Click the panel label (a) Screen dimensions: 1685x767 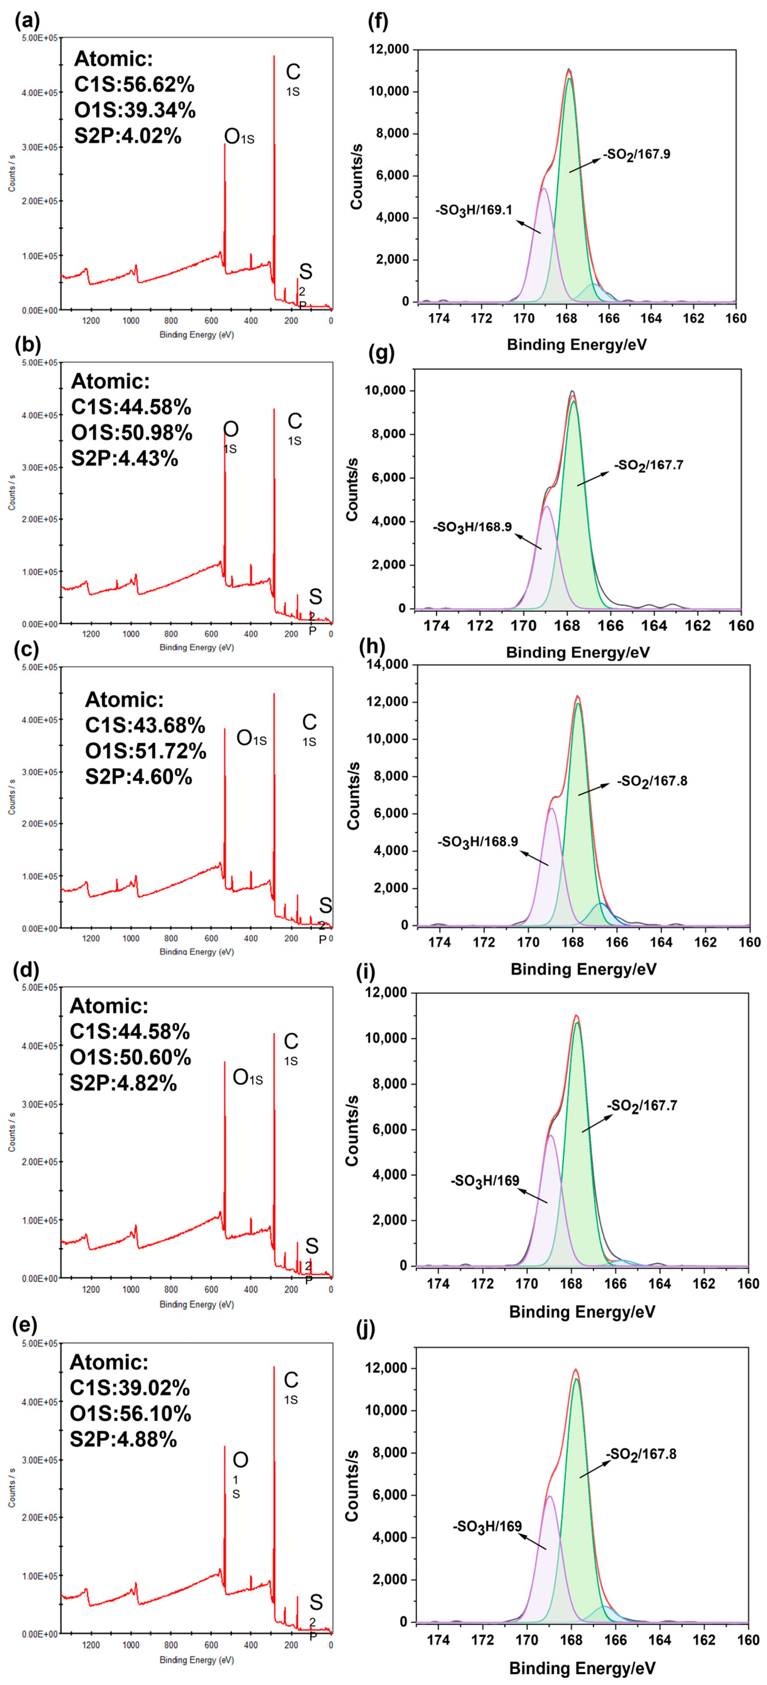pos(28,22)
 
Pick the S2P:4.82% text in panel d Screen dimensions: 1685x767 pos(124,1083)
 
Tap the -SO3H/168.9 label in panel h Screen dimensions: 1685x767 pos(477,841)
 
